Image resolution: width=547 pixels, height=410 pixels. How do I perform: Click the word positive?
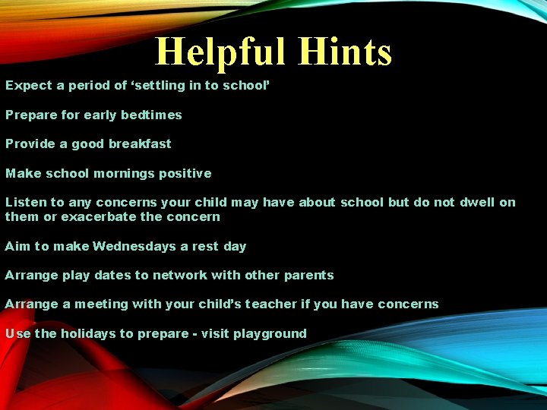pos(185,174)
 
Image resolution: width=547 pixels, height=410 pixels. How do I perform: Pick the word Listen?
pos(26,203)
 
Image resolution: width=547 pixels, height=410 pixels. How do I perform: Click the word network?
pos(182,276)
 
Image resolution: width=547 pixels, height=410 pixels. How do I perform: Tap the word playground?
pos(269,334)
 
